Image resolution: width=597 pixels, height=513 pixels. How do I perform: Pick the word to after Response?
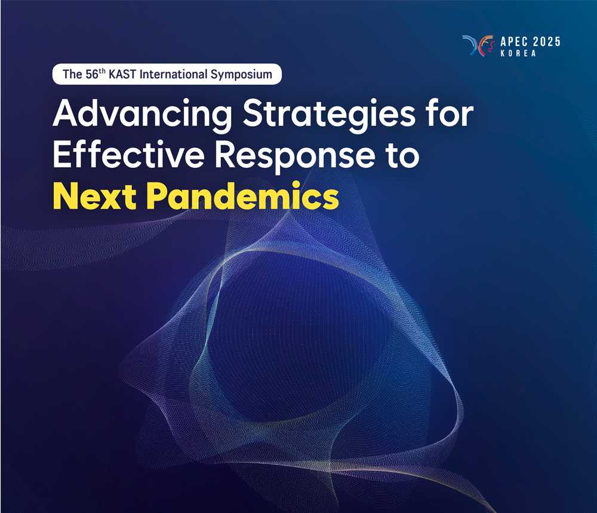click(402, 155)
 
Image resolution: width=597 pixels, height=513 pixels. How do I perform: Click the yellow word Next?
click(95, 196)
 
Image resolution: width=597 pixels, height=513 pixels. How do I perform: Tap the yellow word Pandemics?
click(242, 196)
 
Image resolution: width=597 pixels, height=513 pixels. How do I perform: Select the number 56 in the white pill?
click(91, 75)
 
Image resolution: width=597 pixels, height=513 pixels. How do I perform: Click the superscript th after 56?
click(102, 71)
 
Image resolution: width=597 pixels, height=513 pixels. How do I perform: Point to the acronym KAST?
click(122, 74)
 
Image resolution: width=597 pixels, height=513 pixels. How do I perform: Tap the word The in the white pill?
click(72, 74)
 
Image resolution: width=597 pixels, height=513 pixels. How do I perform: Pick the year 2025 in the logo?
click(546, 42)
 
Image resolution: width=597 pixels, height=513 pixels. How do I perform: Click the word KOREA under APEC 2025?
click(518, 53)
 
